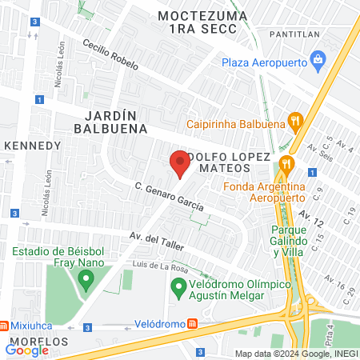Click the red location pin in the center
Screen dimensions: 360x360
click(179, 164)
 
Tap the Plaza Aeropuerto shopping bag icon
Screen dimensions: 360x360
click(318, 59)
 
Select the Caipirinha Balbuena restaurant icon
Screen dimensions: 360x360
click(296, 122)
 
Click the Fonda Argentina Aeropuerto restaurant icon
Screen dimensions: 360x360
click(287, 166)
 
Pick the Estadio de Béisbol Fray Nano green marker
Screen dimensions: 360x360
click(86, 280)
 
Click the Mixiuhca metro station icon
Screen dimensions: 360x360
click(6, 326)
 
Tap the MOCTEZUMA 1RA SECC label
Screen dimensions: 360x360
click(198, 22)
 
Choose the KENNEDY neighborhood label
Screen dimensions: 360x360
click(33, 146)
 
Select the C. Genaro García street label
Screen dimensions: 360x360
click(169, 197)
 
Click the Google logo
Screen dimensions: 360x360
click(26, 350)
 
